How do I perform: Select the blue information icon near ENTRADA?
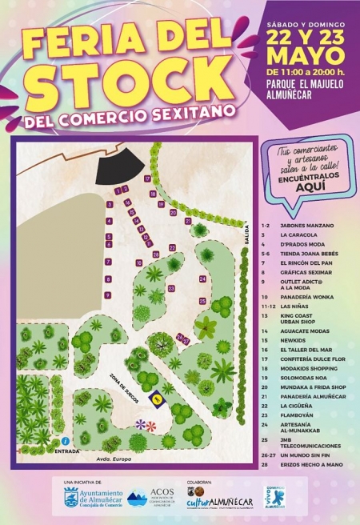(64, 441)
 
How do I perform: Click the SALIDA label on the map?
(247, 234)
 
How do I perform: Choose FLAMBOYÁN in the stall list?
(297, 415)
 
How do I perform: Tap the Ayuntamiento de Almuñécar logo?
(90, 499)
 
